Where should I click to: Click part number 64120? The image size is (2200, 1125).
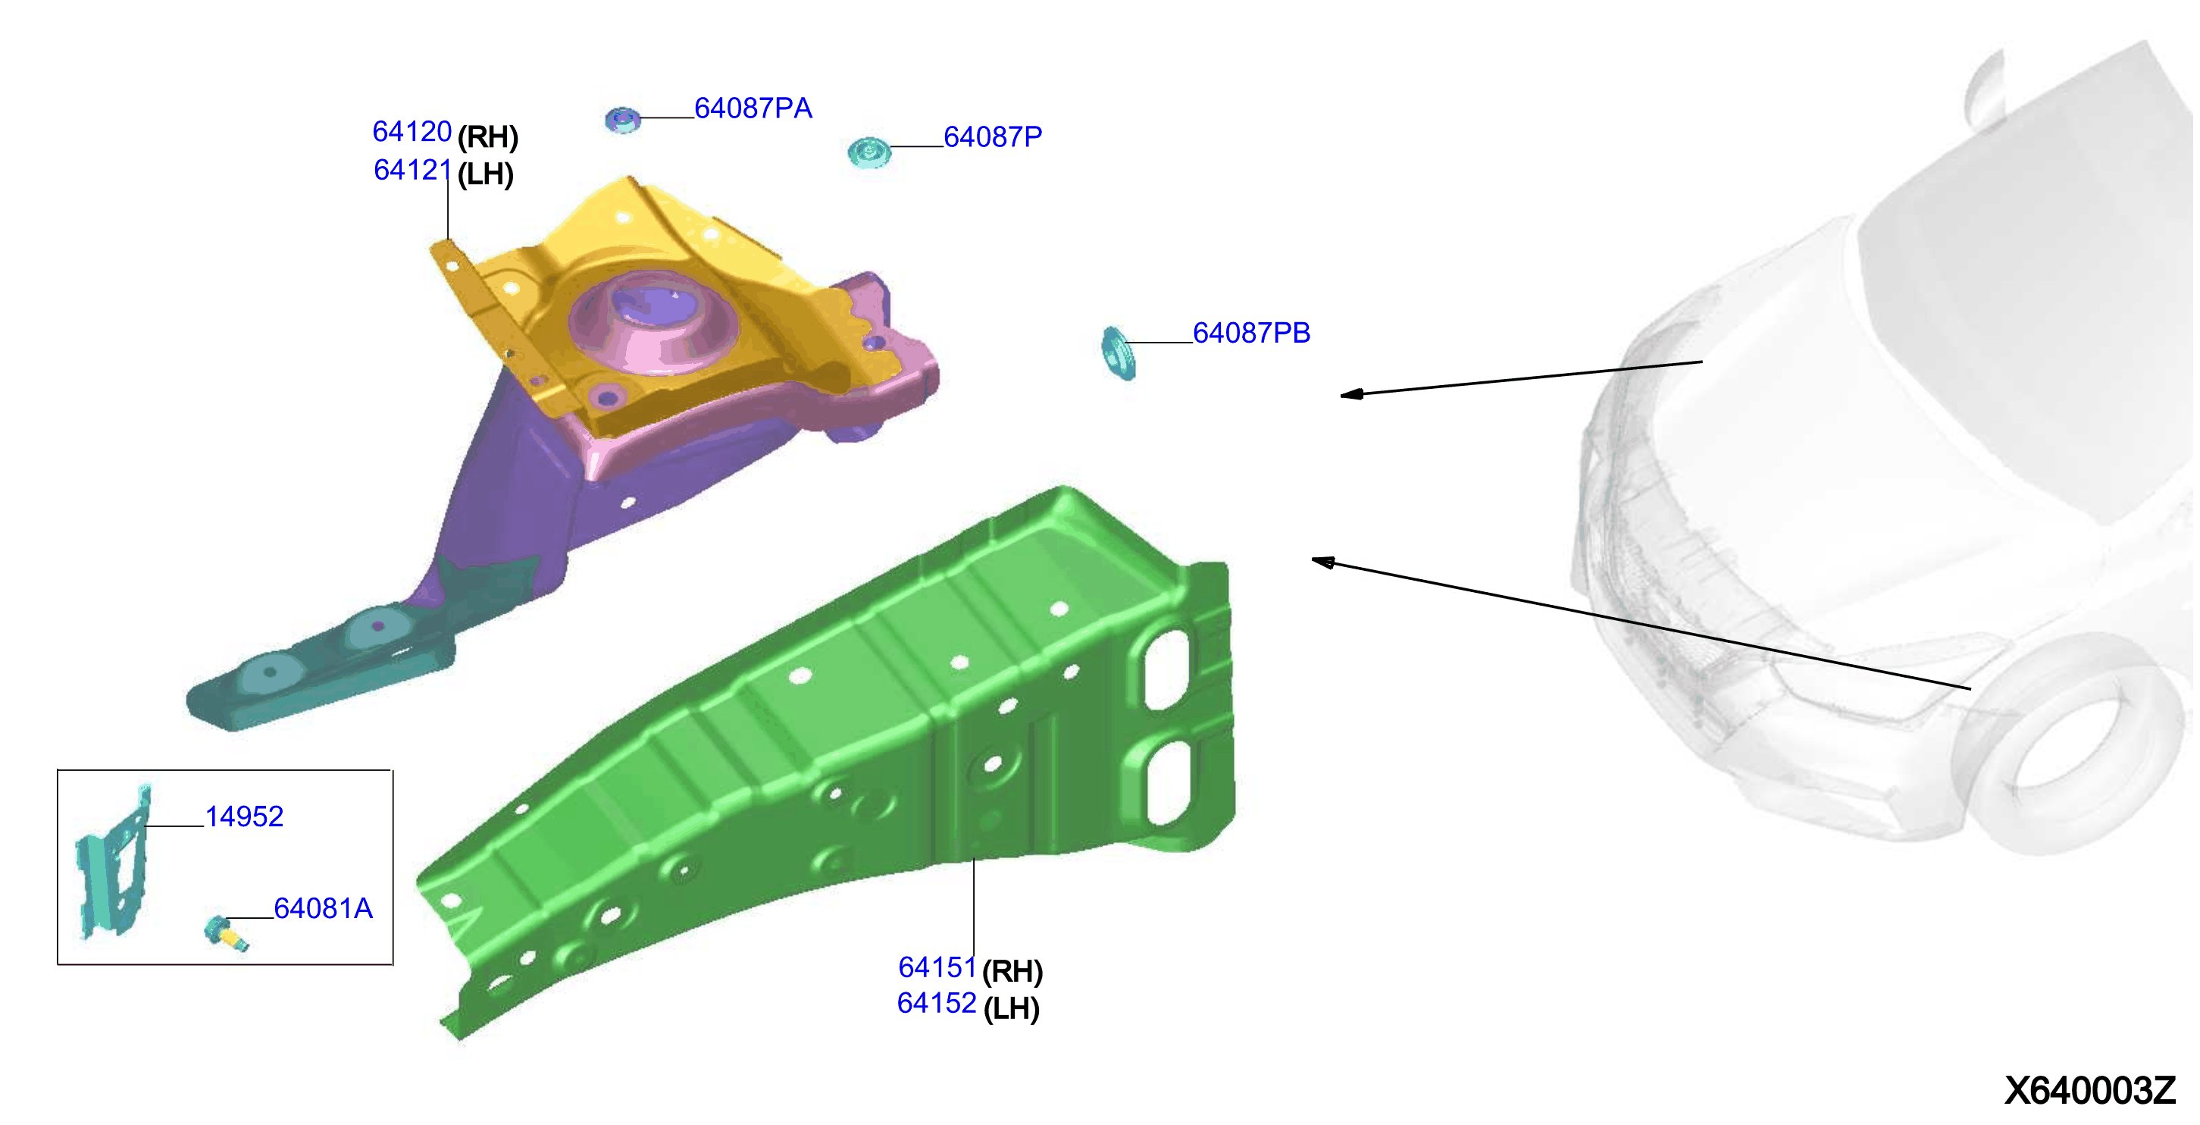(412, 132)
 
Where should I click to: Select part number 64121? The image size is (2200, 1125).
(412, 170)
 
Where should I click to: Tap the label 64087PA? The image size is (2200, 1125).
(753, 108)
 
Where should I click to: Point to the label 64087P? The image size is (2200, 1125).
(993, 136)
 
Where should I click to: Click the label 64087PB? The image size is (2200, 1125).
(1251, 333)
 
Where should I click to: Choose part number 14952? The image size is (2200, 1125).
(244, 816)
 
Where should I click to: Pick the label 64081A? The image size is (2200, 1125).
(323, 908)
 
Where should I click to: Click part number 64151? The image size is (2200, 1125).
(937, 967)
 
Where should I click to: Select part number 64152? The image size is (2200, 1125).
(936, 1003)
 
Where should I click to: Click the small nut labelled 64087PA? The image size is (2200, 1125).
(623, 121)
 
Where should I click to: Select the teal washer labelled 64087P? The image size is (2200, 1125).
(868, 153)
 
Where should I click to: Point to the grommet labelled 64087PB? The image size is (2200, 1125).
(1118, 353)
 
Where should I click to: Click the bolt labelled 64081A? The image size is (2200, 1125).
(226, 932)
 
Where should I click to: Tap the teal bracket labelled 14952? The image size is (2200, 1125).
(114, 863)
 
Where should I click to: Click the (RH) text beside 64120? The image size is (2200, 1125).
(487, 136)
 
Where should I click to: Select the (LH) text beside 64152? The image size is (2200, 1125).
(1011, 1009)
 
